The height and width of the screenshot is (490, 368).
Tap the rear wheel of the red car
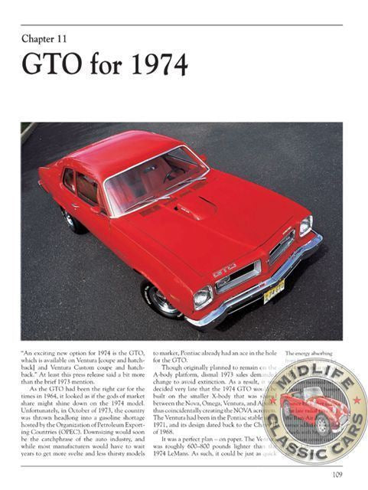74,220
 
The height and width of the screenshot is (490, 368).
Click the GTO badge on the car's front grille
225,269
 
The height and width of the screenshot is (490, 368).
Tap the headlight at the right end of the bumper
305,226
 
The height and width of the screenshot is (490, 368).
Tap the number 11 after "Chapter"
74,38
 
